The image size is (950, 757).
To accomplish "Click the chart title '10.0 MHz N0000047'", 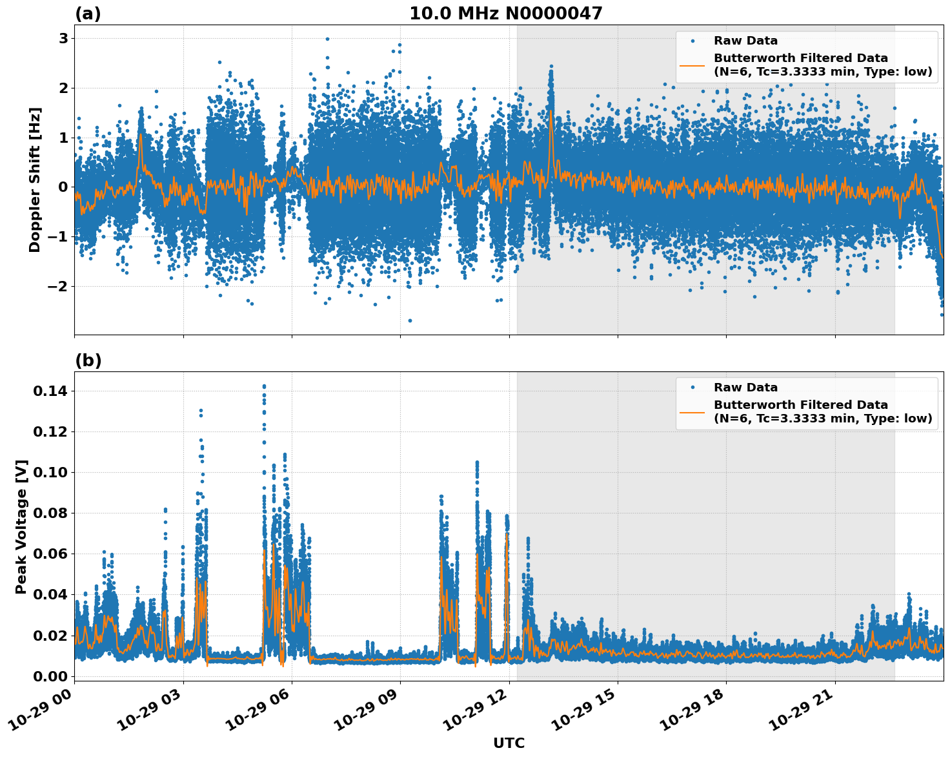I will pyautogui.click(x=505, y=14).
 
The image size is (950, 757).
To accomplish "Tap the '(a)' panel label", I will pyautogui.click(x=88, y=14).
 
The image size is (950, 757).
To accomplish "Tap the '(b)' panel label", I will pyautogui.click(x=88, y=360).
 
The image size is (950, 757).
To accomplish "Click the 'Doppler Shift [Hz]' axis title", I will pyautogui.click(x=35, y=180).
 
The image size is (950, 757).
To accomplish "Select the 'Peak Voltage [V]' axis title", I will pyautogui.click(x=21, y=526).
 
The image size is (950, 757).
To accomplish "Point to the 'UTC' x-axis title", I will pyautogui.click(x=509, y=743).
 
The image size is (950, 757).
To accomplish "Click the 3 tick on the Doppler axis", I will pyautogui.click(x=63, y=38).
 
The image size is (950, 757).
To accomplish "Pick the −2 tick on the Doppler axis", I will pyautogui.click(x=59, y=286).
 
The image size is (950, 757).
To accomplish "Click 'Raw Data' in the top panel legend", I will pyautogui.click(x=745, y=41).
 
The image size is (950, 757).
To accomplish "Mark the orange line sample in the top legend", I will pyautogui.click(x=692, y=65).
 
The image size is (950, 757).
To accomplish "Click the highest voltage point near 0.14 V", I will pyautogui.click(x=264, y=386).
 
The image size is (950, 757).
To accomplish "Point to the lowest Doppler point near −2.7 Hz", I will pyautogui.click(x=409, y=320).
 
